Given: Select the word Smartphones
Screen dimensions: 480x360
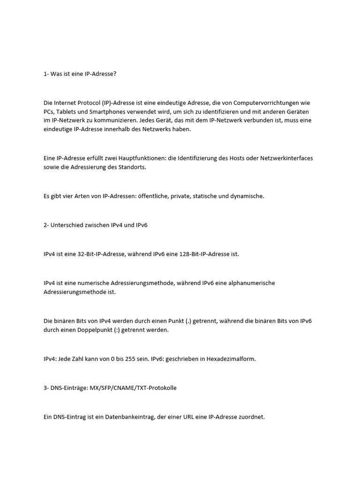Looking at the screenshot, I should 105,112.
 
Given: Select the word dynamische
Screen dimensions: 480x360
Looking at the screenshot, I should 248,196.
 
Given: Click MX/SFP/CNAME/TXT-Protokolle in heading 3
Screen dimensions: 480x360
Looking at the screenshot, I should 133,388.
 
